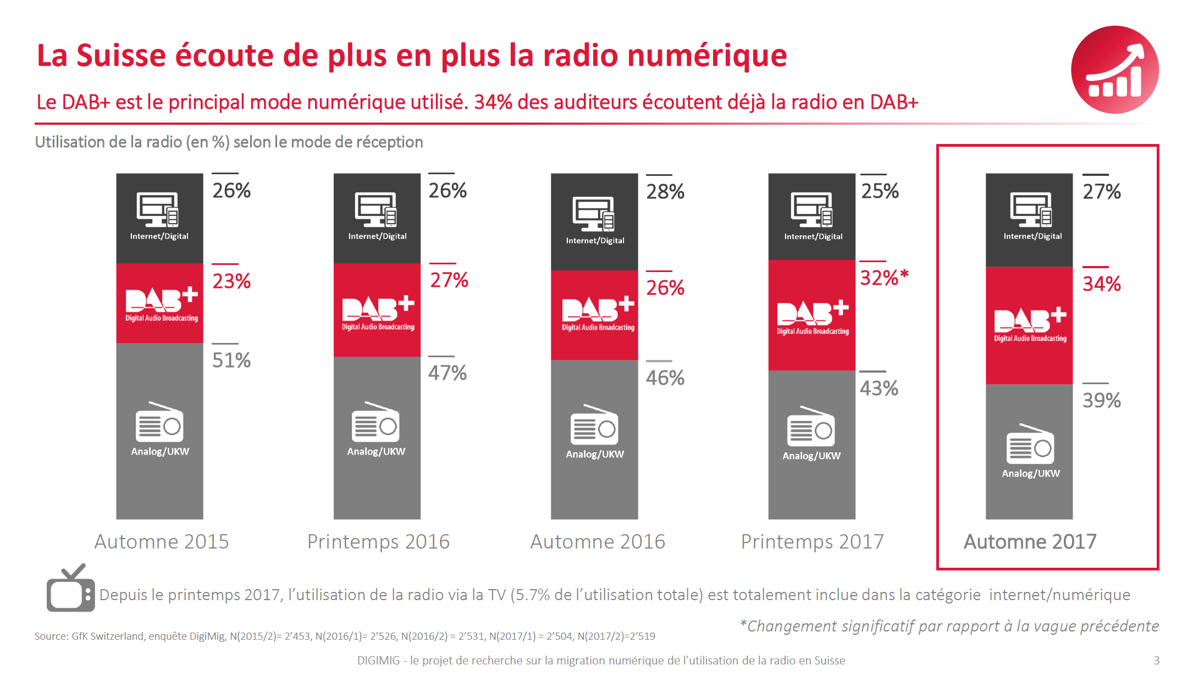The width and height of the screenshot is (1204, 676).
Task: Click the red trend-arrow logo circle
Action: coord(1114,70)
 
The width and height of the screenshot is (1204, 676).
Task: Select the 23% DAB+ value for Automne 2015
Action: coord(231,281)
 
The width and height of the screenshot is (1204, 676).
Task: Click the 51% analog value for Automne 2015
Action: coord(231,361)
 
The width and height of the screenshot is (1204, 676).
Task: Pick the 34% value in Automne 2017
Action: coord(1101,284)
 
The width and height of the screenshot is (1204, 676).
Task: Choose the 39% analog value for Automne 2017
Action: coord(1101,401)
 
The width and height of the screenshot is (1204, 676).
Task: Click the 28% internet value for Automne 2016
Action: coord(665,192)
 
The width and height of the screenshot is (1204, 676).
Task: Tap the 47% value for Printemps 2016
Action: coord(448,373)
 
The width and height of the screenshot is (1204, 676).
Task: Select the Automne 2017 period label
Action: coord(1030,542)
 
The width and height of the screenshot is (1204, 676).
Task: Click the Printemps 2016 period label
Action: coord(378,542)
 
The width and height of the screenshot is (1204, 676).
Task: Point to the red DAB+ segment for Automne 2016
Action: coord(594,315)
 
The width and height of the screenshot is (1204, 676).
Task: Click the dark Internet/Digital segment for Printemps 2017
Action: coord(811,217)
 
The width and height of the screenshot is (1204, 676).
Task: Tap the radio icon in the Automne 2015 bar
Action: coord(159,423)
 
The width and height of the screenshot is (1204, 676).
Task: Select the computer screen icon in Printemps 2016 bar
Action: coord(376,209)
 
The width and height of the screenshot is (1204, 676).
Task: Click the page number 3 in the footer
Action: coord(1156,661)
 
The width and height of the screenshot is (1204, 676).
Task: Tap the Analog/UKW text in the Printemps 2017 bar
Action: coord(811,456)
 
